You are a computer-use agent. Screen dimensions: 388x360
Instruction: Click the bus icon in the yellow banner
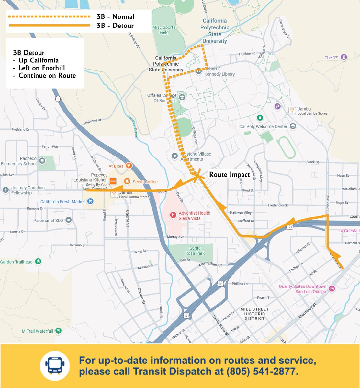click(55, 366)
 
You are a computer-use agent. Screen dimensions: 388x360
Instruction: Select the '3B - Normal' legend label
click(115, 16)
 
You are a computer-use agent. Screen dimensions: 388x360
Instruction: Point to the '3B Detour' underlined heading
click(28, 53)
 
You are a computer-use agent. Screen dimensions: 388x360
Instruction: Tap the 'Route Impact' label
click(229, 175)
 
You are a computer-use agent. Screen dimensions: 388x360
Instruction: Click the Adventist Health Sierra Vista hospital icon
click(173, 215)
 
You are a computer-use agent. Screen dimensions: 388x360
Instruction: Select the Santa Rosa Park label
click(195, 251)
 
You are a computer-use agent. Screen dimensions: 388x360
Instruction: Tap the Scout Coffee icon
click(127, 181)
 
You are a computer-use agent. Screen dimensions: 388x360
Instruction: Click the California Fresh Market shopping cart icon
click(91, 202)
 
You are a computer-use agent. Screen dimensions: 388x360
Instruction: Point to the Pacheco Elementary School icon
click(42, 161)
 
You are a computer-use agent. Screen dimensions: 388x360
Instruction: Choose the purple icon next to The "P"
click(344, 58)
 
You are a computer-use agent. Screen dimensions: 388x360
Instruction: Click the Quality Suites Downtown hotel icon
click(332, 288)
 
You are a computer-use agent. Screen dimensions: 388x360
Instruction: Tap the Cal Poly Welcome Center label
click(263, 127)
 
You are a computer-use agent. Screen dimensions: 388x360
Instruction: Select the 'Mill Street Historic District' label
click(254, 314)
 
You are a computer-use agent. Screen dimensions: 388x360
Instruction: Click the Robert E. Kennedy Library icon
click(198, 71)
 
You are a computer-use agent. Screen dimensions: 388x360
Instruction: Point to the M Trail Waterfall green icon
click(58, 331)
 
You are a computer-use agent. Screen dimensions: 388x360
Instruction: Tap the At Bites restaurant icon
click(129, 166)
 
